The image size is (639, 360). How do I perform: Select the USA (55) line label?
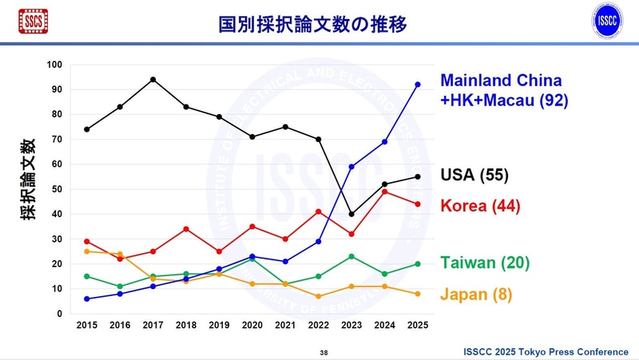pyautogui.click(x=474, y=176)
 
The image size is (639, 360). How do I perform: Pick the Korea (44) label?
pyautogui.click(x=480, y=205)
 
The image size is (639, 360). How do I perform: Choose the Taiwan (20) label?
pyautogui.click(x=484, y=263)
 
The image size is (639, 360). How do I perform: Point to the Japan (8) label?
pyautogui.click(x=476, y=294)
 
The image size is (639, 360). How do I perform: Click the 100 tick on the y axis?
pyautogui.click(x=54, y=64)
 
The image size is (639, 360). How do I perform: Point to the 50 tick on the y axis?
pyautogui.click(x=57, y=188)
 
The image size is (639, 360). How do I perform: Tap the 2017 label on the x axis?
pyautogui.click(x=153, y=326)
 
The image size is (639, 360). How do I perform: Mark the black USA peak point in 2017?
pyautogui.click(x=153, y=79)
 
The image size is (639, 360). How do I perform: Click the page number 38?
pyautogui.click(x=323, y=352)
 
